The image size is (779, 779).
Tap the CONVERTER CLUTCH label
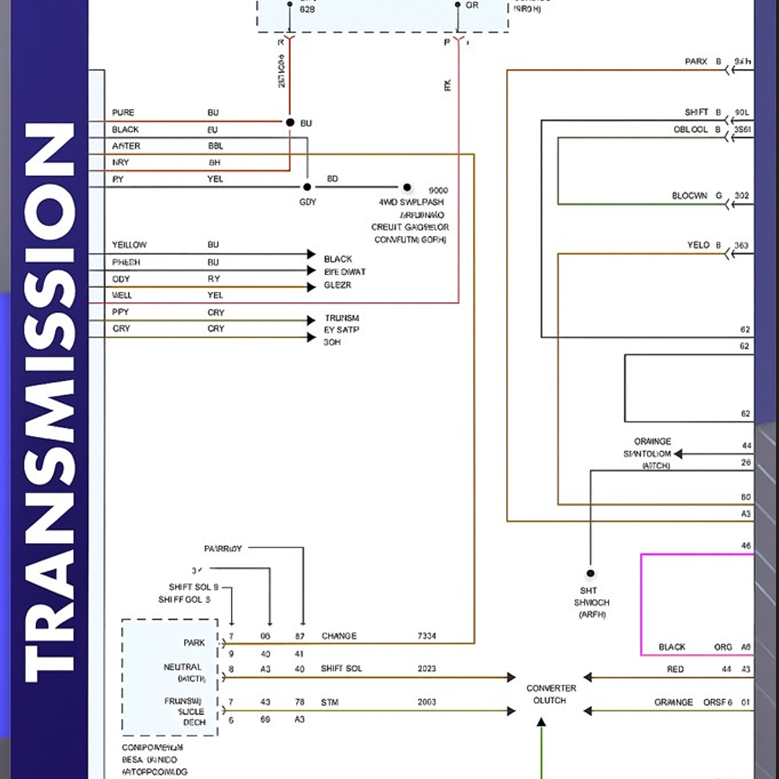[x=551, y=695]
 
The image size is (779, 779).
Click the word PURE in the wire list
[x=123, y=113]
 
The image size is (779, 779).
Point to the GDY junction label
[x=308, y=202]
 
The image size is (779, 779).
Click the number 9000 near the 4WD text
[x=438, y=191]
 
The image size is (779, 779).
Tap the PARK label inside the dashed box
[x=193, y=643]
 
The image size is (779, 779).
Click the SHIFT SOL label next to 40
[x=341, y=669]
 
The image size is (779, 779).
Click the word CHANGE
[x=339, y=636]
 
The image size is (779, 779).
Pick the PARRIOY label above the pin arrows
[x=223, y=549]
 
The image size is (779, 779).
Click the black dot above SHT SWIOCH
[x=591, y=573]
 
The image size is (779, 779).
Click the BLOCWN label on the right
[x=689, y=196]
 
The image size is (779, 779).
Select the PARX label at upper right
[x=696, y=62]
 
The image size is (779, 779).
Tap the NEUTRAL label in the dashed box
[x=183, y=667]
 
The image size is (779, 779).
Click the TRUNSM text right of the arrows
[x=341, y=318]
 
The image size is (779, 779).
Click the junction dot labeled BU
[x=290, y=123]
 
